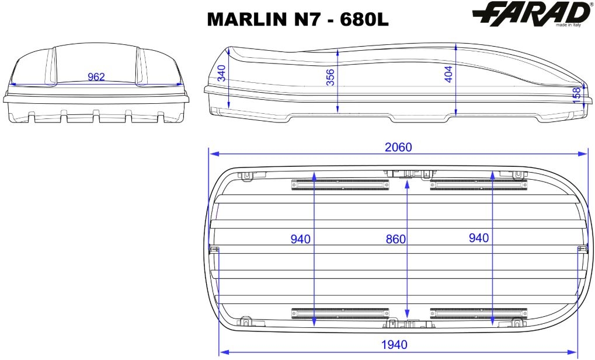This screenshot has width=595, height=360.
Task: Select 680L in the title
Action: (x=364, y=19)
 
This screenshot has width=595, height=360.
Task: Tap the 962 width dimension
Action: (x=96, y=77)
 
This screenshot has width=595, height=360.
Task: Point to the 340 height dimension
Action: (x=222, y=73)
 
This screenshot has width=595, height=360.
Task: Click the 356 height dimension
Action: (x=331, y=77)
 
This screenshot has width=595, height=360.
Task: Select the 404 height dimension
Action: (x=448, y=74)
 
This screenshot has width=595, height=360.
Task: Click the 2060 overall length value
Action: (x=398, y=147)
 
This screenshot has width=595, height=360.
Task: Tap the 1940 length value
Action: (x=394, y=344)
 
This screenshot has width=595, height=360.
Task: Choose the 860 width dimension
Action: (x=396, y=239)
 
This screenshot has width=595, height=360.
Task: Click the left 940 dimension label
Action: (x=301, y=239)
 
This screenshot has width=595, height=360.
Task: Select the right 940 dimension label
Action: (x=479, y=238)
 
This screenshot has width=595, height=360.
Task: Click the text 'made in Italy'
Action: (x=568, y=25)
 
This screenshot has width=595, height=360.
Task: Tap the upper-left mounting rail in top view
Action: (x=340, y=185)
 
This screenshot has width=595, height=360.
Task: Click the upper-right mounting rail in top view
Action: (x=479, y=185)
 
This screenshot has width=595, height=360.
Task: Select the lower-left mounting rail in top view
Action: (x=340, y=313)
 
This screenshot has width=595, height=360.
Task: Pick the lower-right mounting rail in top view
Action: (x=479, y=313)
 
